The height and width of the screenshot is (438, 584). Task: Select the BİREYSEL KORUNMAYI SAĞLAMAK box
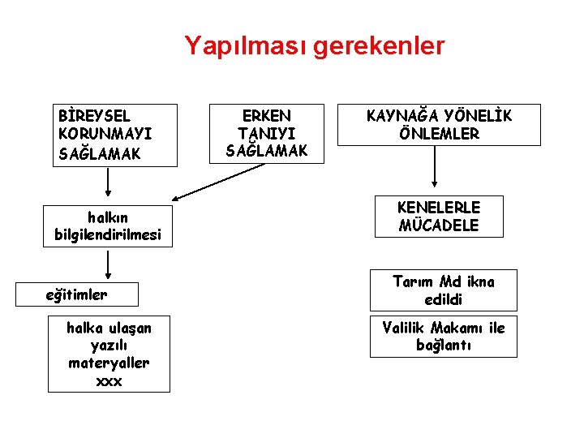[112, 135]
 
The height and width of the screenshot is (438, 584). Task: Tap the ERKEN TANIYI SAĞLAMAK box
[267, 133]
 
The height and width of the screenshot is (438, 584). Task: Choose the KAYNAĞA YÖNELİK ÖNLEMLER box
[439, 125]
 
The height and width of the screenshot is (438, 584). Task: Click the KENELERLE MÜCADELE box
[438, 217]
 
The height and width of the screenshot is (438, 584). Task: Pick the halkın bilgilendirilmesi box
[108, 226]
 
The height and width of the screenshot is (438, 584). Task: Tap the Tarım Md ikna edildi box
[443, 290]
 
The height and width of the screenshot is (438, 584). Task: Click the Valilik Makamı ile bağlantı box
[443, 336]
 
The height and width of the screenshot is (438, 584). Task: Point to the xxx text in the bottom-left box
[109, 381]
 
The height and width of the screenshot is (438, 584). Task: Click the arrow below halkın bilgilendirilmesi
[108, 264]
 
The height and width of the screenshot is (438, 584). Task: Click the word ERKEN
[267, 116]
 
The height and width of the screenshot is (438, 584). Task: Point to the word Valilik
[405, 328]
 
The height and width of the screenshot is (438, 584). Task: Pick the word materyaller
[109, 363]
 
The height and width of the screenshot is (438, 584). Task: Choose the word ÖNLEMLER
[439, 134]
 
